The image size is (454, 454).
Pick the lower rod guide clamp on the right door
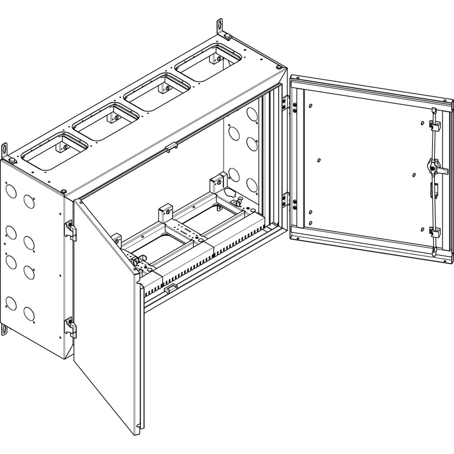(435, 232)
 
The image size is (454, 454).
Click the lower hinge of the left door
(71, 327)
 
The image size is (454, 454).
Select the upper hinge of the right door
(286, 102)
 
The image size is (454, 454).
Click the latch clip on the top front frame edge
(170, 148)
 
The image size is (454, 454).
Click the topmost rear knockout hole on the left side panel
(11, 191)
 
